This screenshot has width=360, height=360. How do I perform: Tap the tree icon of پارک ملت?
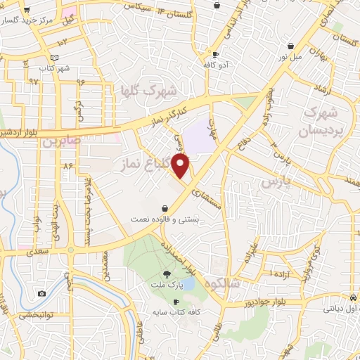(x=166, y=274)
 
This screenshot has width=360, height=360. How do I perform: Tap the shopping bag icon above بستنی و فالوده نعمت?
(x=165, y=208)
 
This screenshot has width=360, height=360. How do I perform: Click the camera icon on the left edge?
(x=42, y=293)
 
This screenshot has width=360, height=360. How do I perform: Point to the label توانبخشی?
(x=34, y=314)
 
